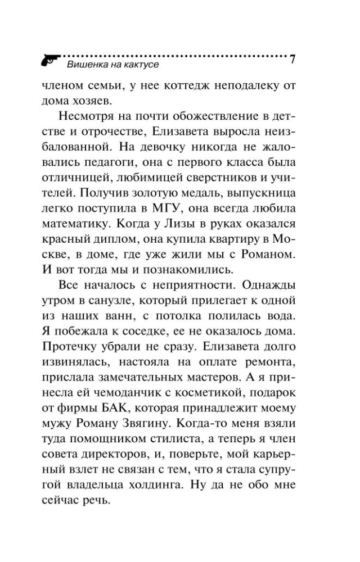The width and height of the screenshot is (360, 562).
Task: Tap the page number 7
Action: point(292,59)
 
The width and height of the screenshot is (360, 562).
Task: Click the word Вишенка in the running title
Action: point(85,65)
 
